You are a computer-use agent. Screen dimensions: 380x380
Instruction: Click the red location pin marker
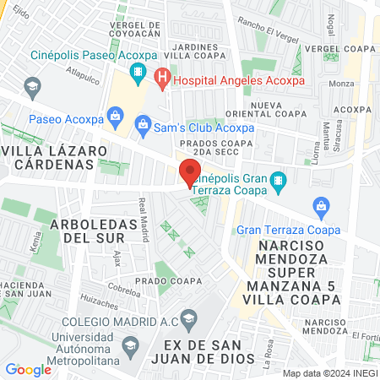tap(189, 173)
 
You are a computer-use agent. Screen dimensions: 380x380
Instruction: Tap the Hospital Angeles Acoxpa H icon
tap(163, 81)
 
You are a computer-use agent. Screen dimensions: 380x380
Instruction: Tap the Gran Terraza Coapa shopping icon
tap(320, 206)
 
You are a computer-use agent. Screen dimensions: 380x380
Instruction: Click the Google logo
tap(28, 369)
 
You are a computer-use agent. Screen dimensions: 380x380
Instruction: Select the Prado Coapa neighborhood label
tap(173, 280)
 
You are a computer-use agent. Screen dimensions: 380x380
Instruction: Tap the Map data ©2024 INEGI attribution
tap(328, 372)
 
